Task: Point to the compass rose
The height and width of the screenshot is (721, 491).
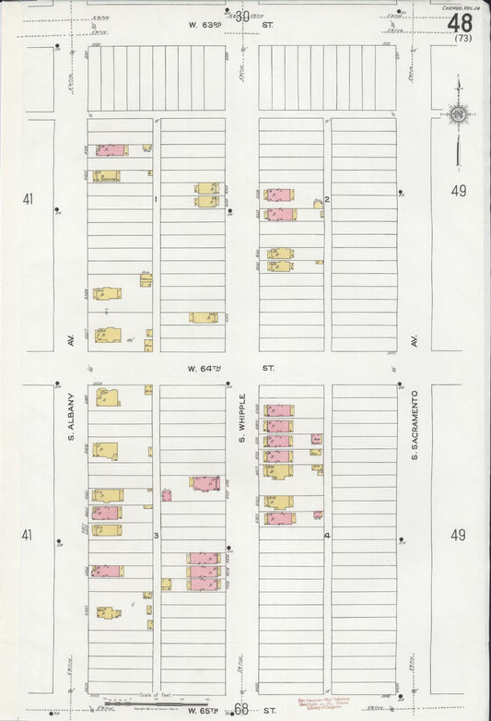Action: [x=457, y=115]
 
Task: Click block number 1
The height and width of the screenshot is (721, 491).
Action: [x=157, y=199]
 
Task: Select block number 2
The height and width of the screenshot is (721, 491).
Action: [x=327, y=199]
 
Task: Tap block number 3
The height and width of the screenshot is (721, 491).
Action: [x=157, y=536]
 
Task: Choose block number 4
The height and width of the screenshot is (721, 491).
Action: [x=327, y=536]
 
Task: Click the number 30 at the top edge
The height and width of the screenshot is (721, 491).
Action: [x=242, y=16]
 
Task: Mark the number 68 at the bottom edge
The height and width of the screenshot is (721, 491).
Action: [x=241, y=709]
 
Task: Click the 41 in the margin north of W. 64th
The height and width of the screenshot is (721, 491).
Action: [x=28, y=197]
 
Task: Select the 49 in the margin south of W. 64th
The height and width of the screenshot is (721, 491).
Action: [x=459, y=534]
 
